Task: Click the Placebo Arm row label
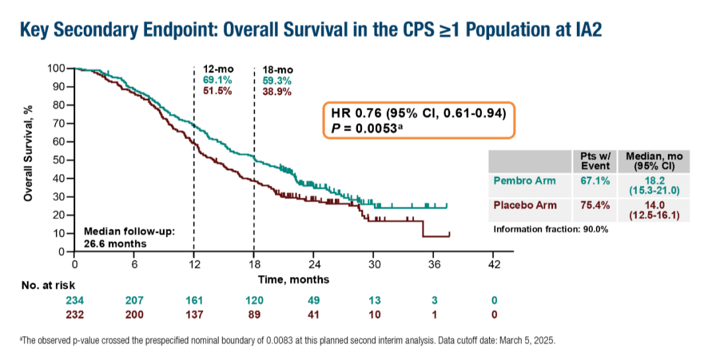pos(525,205)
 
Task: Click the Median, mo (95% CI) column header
pos(654,160)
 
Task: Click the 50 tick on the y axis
pos(60,160)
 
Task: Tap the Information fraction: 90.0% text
pos(550,229)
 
